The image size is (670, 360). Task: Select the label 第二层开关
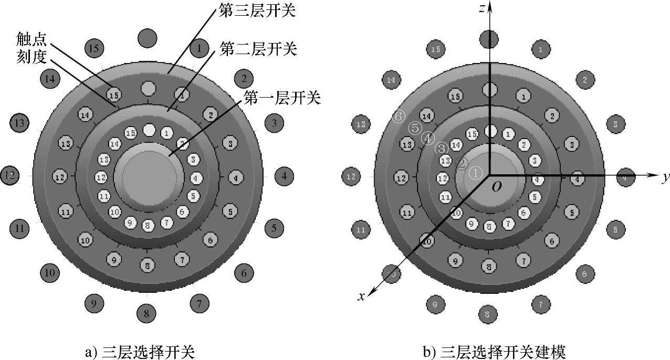point(259,50)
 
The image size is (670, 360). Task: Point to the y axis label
point(665,177)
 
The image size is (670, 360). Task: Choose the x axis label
point(361,297)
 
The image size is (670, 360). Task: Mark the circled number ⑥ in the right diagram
point(399,117)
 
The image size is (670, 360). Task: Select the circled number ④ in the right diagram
point(428,138)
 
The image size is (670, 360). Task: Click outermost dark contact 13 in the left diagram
point(19,124)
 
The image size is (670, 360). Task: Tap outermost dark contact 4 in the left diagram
point(284,176)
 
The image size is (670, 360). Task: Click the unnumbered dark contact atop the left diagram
point(147,38)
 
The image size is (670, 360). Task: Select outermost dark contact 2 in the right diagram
point(585,80)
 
